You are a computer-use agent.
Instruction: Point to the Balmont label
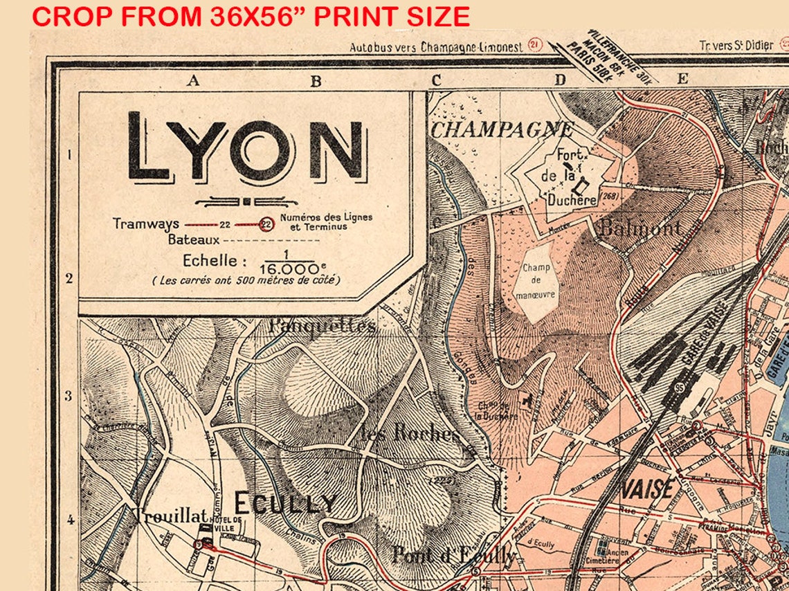tap(640, 228)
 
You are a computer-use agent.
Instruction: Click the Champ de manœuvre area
tap(536, 281)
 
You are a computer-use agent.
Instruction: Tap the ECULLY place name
tap(284, 504)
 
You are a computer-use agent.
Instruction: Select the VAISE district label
tap(648, 489)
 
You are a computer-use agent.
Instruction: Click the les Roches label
tap(410, 434)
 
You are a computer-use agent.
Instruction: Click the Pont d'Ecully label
tap(453, 554)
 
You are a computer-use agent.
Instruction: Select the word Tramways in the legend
tap(145, 224)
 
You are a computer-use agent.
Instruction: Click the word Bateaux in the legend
tap(193, 240)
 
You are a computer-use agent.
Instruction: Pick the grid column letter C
tap(436, 80)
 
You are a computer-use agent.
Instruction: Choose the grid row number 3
tap(69, 397)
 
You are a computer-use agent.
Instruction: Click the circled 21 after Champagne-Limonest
tap(534, 45)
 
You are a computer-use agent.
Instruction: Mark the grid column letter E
tap(682, 79)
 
